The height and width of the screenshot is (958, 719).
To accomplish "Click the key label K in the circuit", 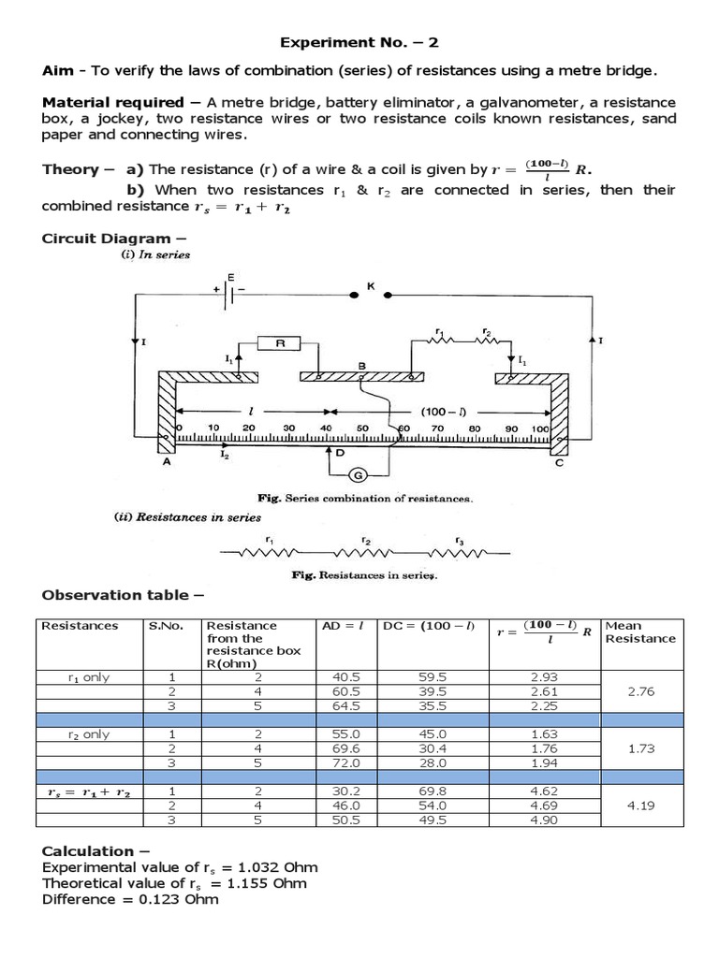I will tap(370, 286).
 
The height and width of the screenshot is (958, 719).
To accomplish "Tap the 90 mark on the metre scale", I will tap(511, 428).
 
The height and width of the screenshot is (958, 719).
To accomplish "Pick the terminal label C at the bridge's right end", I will tap(559, 461).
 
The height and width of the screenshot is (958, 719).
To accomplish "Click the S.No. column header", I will tap(164, 626).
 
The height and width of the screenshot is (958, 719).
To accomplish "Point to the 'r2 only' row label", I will tap(88, 734).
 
